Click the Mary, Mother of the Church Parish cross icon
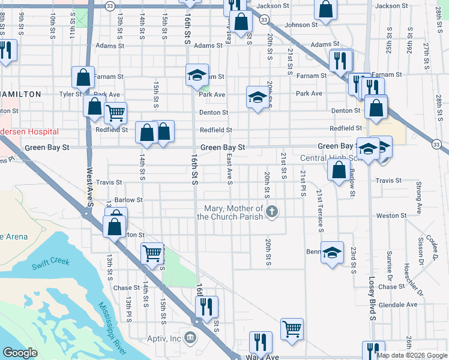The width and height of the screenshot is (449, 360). click(x=273, y=211)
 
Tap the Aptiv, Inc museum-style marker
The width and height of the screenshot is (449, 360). click(x=191, y=338)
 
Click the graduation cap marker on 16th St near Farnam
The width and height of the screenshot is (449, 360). click(x=197, y=75)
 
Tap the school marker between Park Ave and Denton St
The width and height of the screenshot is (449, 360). click(x=257, y=97)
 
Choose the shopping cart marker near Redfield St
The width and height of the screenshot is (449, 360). click(x=115, y=112)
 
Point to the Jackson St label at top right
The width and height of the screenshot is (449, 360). click(x=391, y=6)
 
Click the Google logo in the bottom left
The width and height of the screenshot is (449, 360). click(x=20, y=353)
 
